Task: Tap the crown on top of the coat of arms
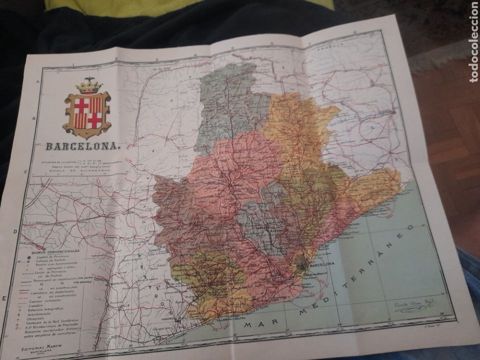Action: tap(89, 86)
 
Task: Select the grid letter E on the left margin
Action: tap(4, 298)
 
